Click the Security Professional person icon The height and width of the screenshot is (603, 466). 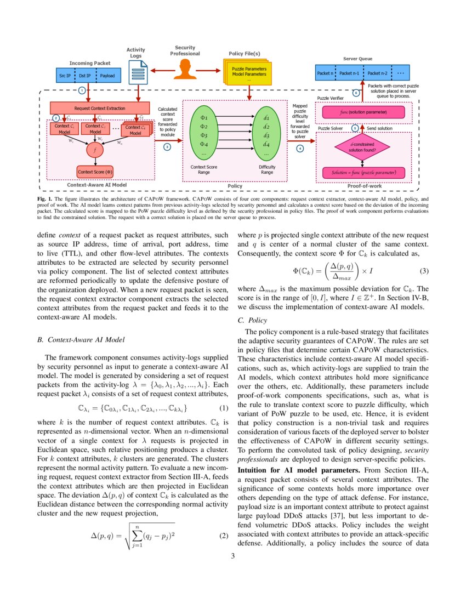coord(184,69)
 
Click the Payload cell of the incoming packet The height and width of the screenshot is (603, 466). coord(107,76)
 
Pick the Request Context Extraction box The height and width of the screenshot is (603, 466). coord(100,109)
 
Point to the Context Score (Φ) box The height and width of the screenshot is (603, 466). coord(95,172)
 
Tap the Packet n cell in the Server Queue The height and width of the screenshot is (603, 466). coord(325,73)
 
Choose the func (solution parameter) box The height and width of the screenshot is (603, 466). coord(362,112)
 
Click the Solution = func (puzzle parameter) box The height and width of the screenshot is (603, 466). coord(363,173)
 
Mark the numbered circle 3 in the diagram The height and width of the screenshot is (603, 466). coord(167,146)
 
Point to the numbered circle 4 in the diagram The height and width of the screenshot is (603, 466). coord(300,148)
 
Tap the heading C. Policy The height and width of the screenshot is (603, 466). coord(252,320)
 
